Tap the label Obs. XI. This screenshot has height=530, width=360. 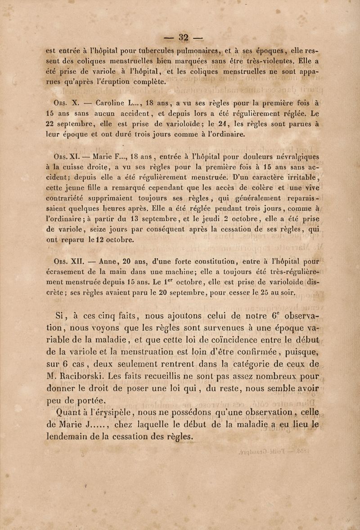62,158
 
